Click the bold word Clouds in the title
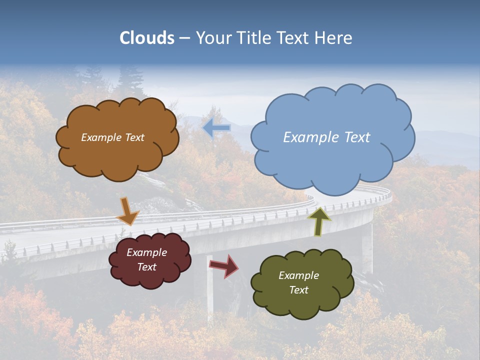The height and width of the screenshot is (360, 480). (x=147, y=38)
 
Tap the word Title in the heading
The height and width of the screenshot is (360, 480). (x=254, y=38)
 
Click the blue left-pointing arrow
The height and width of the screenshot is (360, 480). (x=217, y=128)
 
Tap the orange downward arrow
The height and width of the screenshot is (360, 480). (x=127, y=211)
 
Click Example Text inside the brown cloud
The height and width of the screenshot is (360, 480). (x=112, y=137)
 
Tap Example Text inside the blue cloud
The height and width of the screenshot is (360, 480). (x=326, y=137)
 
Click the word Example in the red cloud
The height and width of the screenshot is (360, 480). (x=146, y=252)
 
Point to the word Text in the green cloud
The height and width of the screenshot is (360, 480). (x=298, y=290)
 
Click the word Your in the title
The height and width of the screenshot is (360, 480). (x=210, y=38)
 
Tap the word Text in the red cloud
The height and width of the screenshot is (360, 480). (x=146, y=267)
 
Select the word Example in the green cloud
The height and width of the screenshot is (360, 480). (x=298, y=275)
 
